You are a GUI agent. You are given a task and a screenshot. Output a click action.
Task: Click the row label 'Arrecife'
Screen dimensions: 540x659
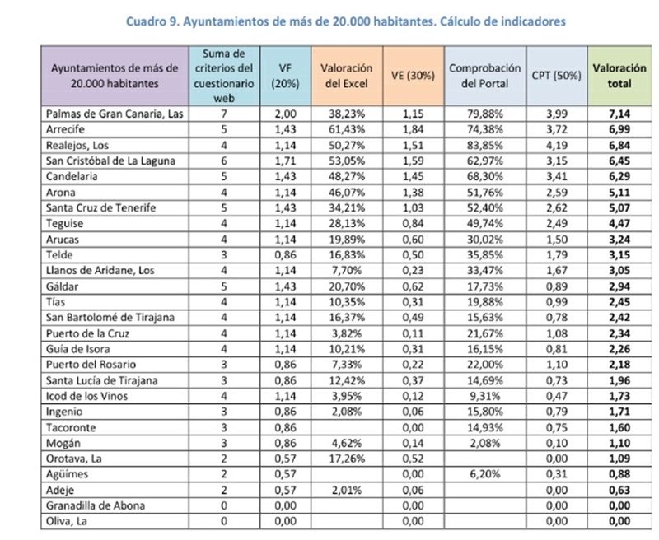[x=68, y=130]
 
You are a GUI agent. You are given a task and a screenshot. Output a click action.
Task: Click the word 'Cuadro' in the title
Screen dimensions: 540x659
[x=146, y=22]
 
